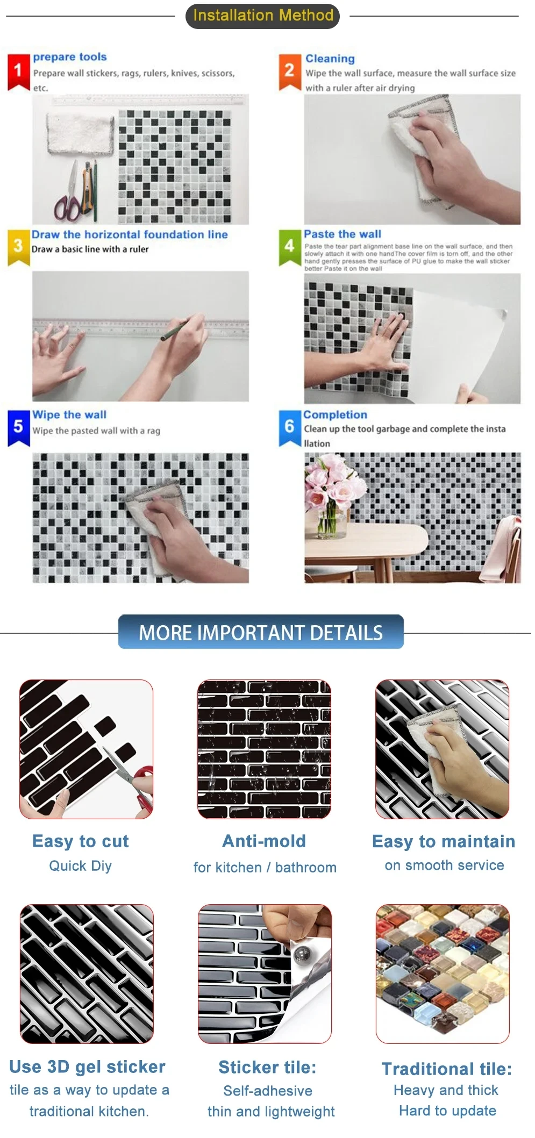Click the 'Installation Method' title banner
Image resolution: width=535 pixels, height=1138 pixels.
(x=262, y=16)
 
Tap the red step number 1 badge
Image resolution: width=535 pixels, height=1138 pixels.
(x=18, y=71)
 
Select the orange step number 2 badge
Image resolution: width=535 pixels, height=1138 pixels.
(x=289, y=71)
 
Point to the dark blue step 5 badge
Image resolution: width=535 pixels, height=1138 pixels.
(x=18, y=428)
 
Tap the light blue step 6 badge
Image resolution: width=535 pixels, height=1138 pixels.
(x=289, y=428)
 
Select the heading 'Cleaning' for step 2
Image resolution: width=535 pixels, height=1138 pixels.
(x=330, y=59)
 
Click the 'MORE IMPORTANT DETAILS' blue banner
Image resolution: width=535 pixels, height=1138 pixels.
(x=261, y=632)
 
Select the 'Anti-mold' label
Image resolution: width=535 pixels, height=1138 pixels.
(x=264, y=841)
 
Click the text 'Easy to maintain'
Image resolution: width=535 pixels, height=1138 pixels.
(x=444, y=841)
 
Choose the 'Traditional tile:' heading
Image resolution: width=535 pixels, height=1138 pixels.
(x=447, y=1069)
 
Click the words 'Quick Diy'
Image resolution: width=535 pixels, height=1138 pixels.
(x=81, y=866)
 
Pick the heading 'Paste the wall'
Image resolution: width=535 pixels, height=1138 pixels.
(x=343, y=234)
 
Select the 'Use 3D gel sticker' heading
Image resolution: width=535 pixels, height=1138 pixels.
(x=87, y=1067)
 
